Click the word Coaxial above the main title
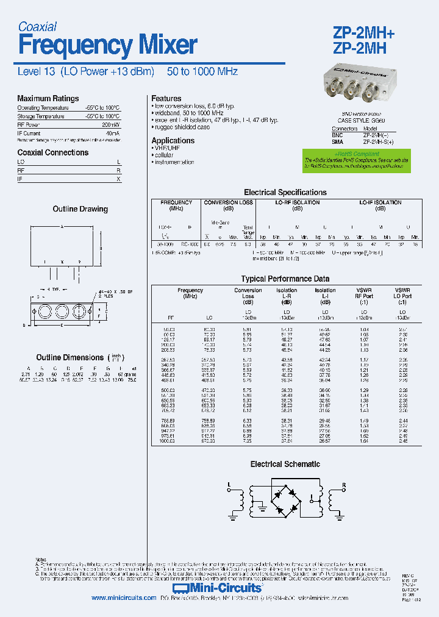[37, 26]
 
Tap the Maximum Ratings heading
[48, 98]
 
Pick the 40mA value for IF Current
[112, 132]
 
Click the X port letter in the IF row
[119, 179]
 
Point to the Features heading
[166, 98]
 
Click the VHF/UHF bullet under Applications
[167, 148]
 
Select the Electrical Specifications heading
[285, 192]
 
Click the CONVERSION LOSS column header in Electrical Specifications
[228, 205]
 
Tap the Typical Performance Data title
[285, 279]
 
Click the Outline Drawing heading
[80, 209]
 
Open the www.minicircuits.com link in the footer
[124, 598]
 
